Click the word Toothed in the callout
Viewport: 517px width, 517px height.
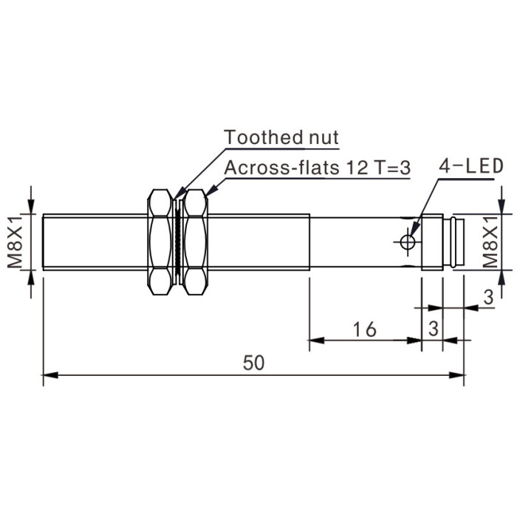click(263, 137)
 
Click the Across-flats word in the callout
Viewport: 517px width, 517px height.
click(282, 168)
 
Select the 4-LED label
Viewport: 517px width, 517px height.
click(471, 166)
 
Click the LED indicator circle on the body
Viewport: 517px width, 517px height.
click(408, 242)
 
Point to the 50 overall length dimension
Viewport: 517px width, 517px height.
click(253, 363)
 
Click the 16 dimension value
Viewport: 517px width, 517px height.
click(364, 329)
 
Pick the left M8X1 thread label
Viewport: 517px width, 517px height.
click(15, 242)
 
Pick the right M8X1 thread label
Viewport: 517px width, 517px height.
click(490, 242)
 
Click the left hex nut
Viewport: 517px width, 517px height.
click(160, 242)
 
